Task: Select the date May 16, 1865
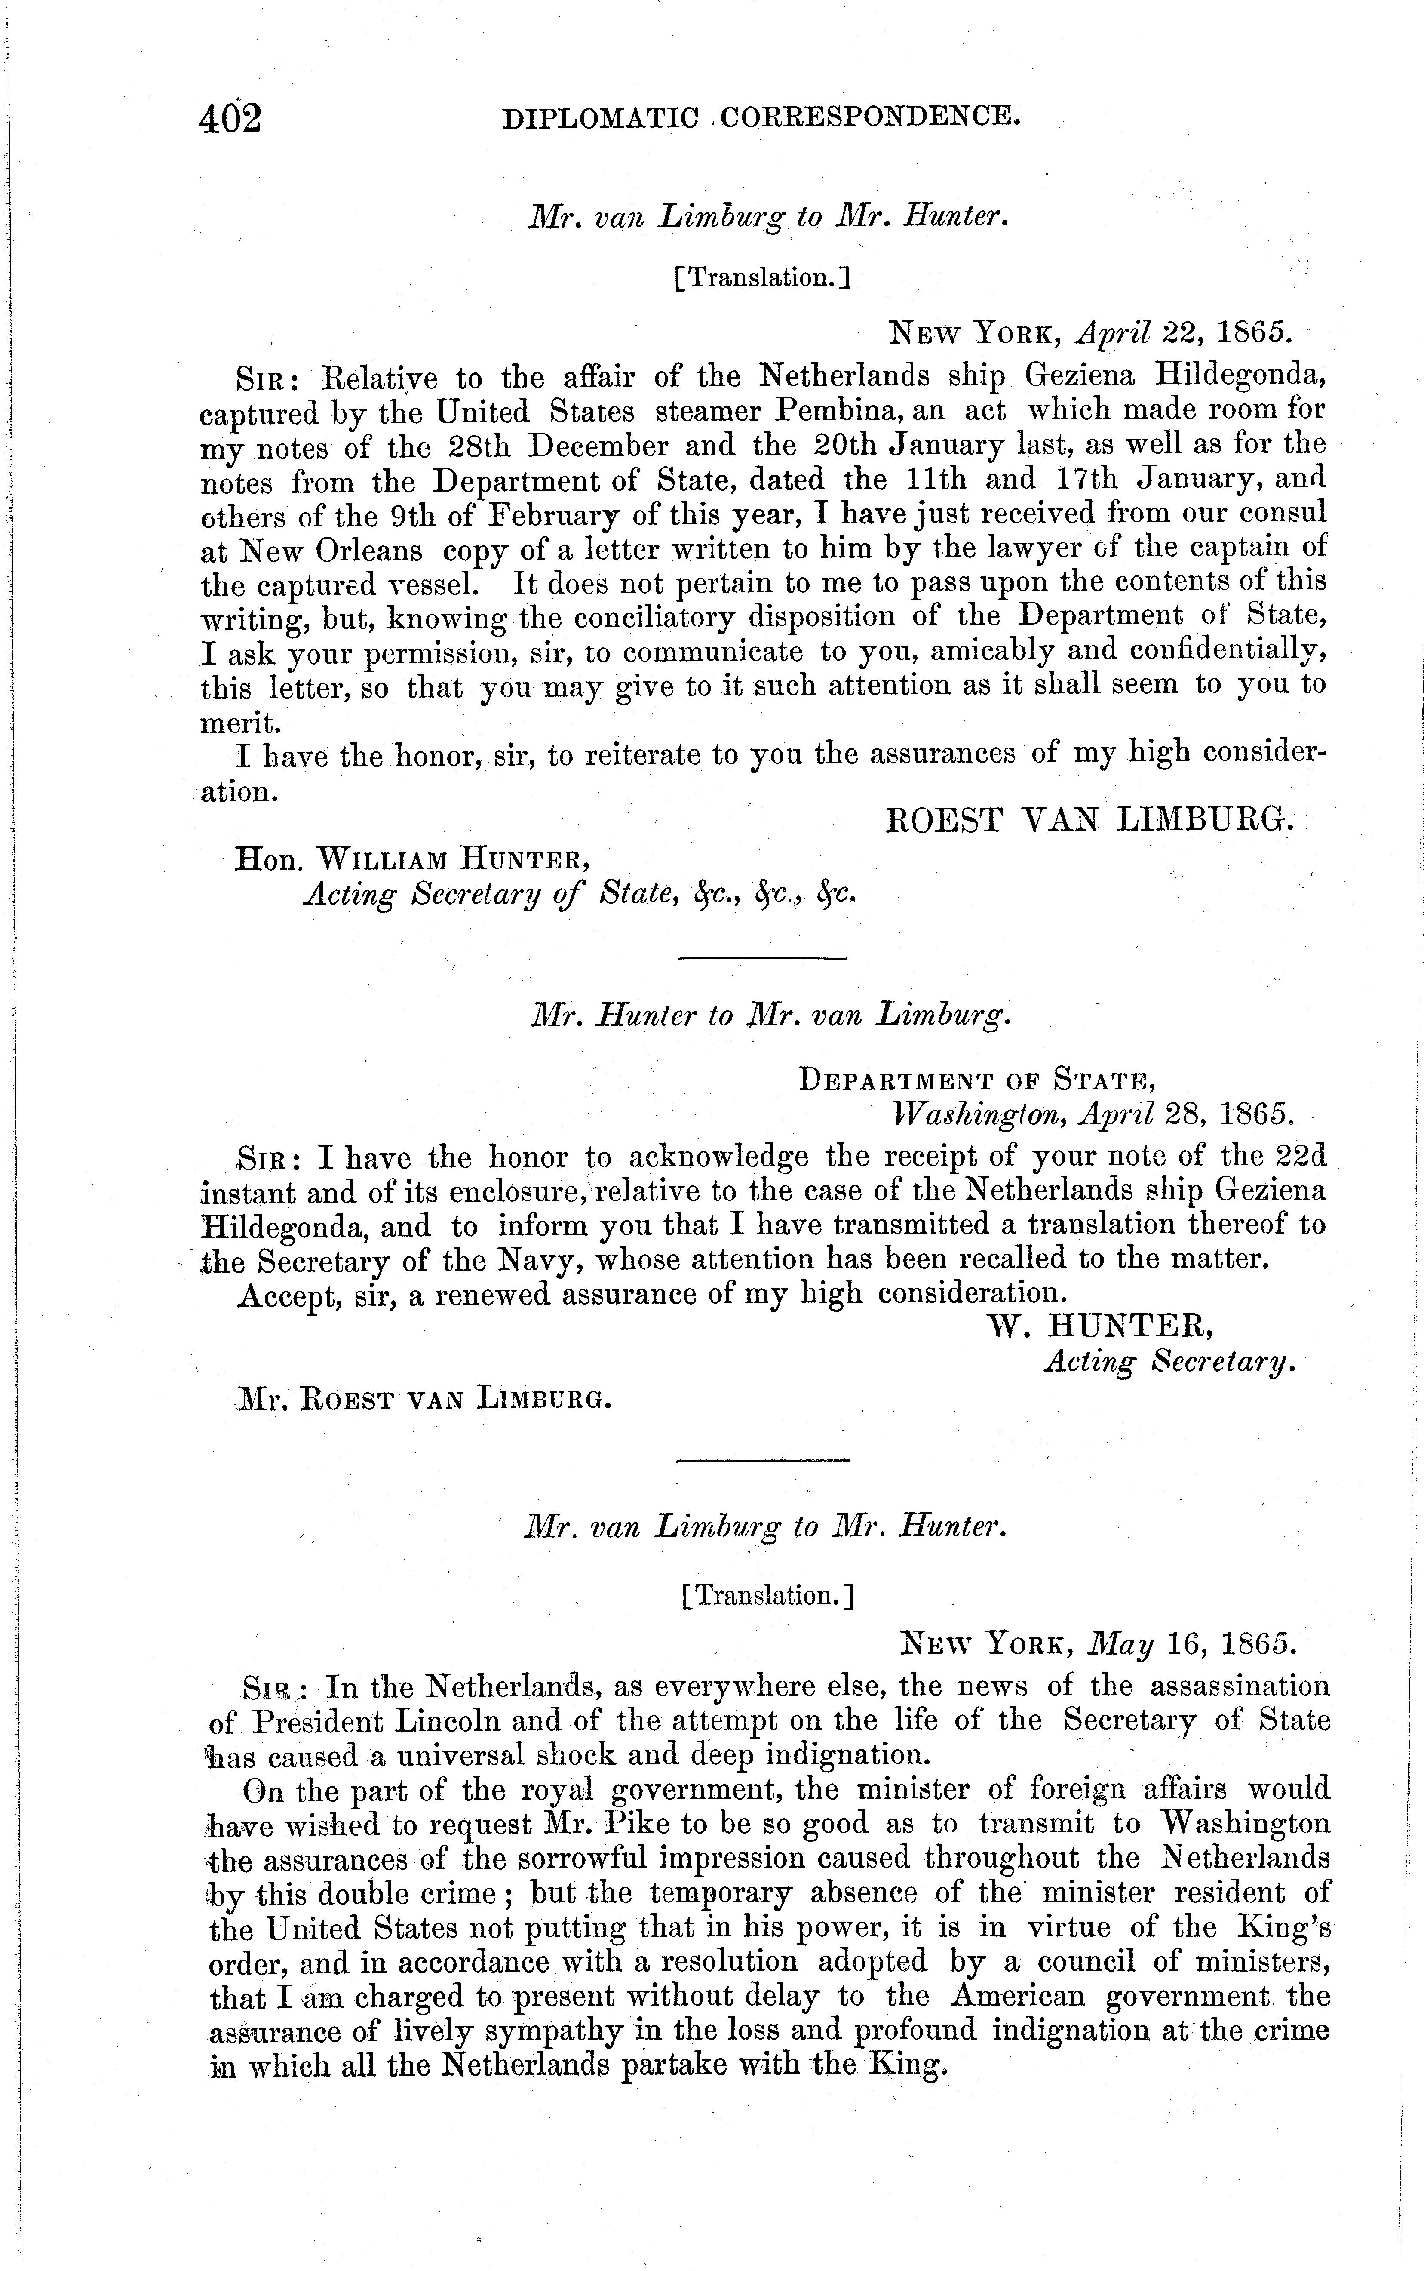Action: pyautogui.click(x=1191, y=1643)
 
